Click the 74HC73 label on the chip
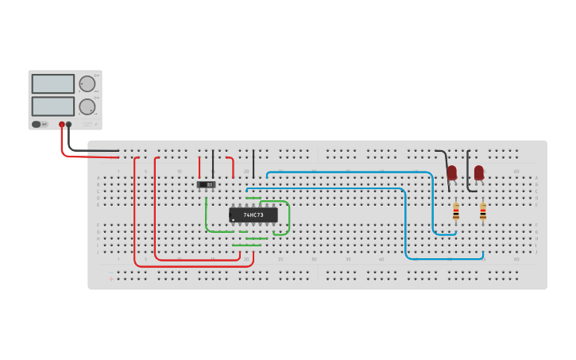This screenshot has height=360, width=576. [253, 215]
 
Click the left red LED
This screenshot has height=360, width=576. [452, 172]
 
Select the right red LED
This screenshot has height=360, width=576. [479, 172]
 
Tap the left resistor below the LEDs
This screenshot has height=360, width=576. [455, 211]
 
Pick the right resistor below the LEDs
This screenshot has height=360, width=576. [482, 211]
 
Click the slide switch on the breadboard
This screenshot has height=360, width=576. [207, 184]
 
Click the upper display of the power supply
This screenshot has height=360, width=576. [53, 83]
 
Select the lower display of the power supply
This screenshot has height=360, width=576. [53, 106]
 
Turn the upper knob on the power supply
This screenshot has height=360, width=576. [87, 83]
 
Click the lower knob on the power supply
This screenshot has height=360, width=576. [87, 106]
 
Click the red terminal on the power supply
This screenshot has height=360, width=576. [61, 125]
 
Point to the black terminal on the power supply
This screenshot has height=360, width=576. [69, 125]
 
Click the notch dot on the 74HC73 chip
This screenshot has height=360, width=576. [234, 220]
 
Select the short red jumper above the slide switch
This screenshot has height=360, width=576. [199, 167]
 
